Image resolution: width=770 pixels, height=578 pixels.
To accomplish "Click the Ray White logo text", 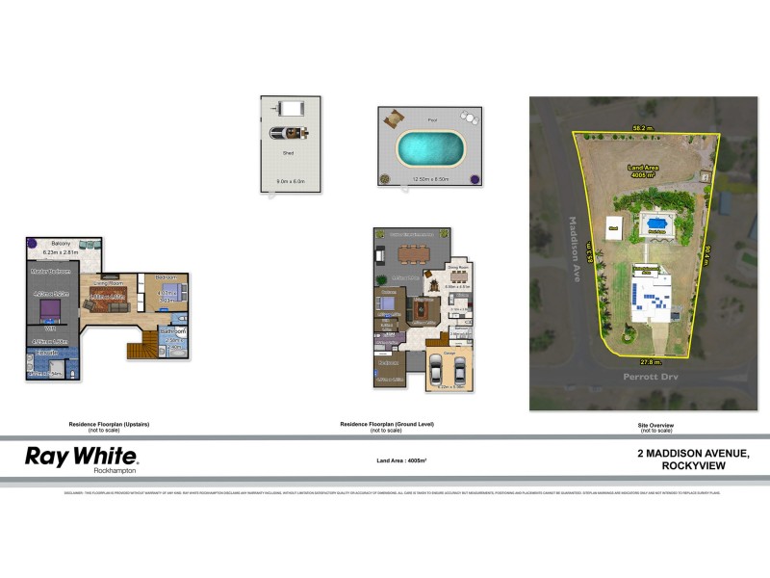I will pos(81,456).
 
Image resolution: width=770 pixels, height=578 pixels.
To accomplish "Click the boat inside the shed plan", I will pos(288,132).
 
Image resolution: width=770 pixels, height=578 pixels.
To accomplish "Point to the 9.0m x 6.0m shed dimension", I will pos(290,181).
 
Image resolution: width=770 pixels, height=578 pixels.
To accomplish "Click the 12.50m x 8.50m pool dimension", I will pos(430,179).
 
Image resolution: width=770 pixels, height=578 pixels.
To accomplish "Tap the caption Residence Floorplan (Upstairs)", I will pos(109,424).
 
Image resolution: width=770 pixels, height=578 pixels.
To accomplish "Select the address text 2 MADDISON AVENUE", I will pos(693,454).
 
